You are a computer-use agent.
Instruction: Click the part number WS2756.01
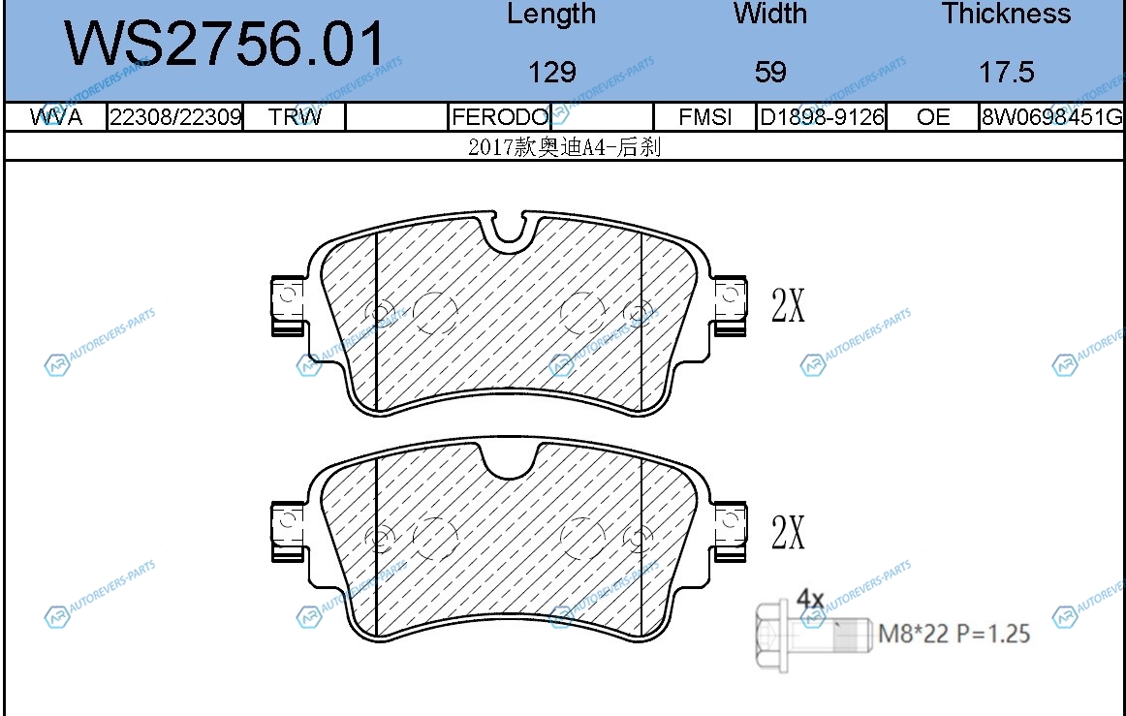tap(225, 44)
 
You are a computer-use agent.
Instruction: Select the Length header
tap(551, 15)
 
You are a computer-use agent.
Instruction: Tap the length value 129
tap(551, 72)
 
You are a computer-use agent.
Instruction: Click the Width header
tap(769, 14)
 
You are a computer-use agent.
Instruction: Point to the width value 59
tap(770, 72)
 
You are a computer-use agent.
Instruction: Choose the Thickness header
tap(1006, 14)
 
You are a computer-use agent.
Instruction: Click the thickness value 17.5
tap(1007, 72)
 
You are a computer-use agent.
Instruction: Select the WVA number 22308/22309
tap(175, 116)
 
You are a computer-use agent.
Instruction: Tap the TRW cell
tap(295, 116)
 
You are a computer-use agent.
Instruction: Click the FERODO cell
tap(500, 116)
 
